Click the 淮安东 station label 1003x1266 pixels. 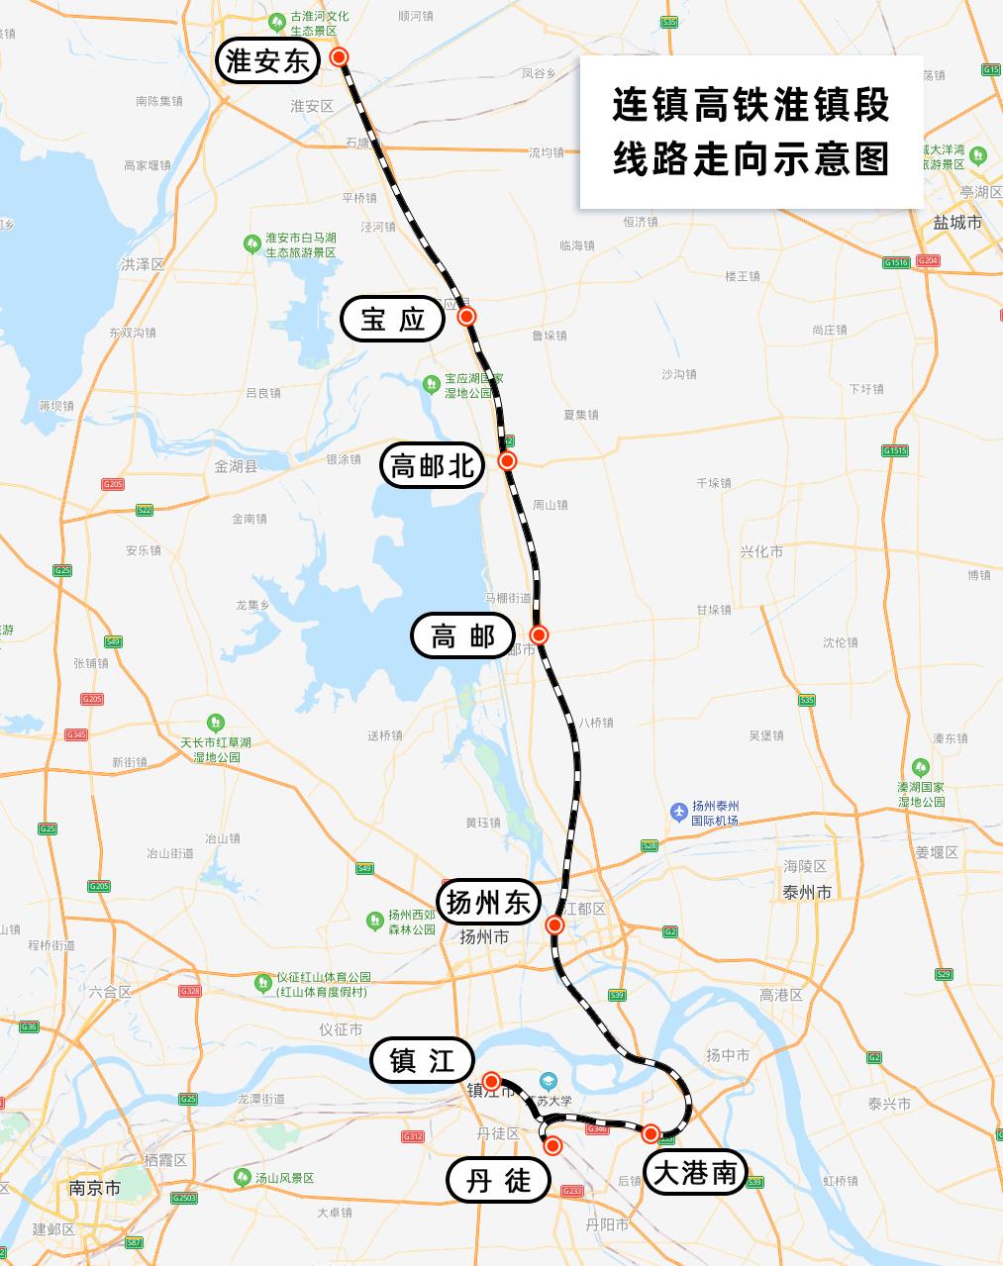(267, 61)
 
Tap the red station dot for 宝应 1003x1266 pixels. (467, 317)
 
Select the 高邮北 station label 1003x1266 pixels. (433, 464)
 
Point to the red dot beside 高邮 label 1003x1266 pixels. (539, 634)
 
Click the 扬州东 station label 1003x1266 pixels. (489, 902)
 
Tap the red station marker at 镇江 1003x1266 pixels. (491, 1080)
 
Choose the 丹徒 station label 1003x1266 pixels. (498, 1180)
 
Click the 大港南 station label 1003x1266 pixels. (695, 1173)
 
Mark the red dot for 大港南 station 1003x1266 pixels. (651, 1133)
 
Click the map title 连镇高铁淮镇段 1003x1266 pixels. (752, 105)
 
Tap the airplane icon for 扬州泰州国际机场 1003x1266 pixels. (679, 812)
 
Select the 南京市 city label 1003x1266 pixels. (95, 1187)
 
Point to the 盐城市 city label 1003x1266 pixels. (957, 223)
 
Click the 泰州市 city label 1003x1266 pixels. (807, 892)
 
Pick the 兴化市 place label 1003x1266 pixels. (761, 551)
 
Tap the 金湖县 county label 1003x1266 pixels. (236, 466)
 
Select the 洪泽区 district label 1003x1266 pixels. (143, 264)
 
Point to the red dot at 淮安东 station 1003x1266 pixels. (340, 57)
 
